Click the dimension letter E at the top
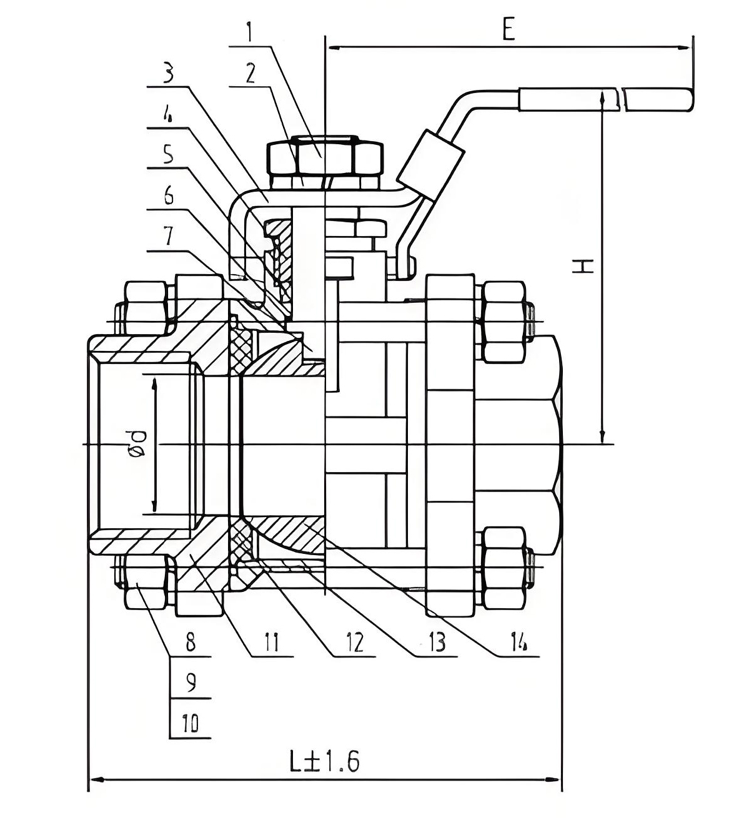509,30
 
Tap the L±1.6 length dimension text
325,761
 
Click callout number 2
250,73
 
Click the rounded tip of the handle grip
690,99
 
